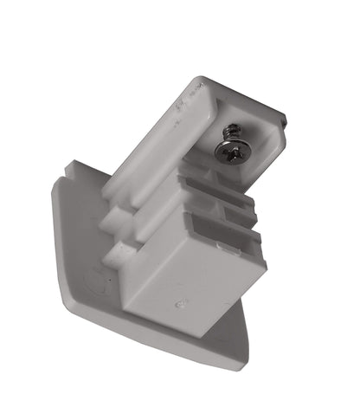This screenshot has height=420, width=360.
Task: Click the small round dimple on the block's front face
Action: click(x=180, y=306)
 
